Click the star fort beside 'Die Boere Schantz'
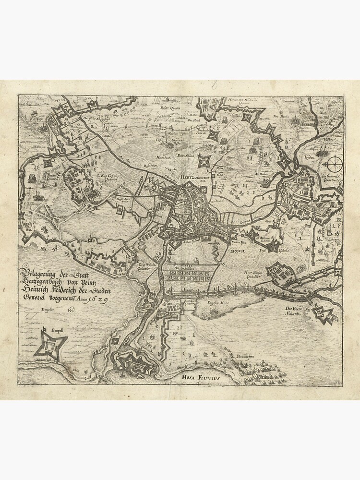click(x=322, y=315)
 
